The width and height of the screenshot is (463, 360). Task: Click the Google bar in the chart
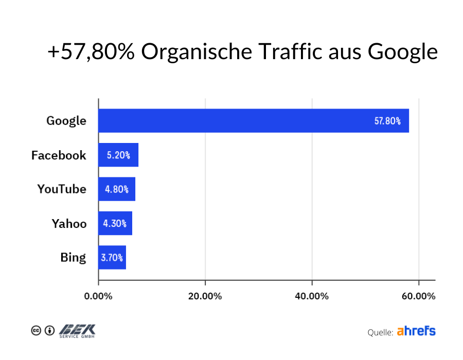pos(253,121)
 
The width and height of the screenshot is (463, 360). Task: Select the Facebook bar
pos(118,155)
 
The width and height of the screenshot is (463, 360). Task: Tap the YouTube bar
pos(117,189)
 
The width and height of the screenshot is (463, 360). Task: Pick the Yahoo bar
pos(115,223)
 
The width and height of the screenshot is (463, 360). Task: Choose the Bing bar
pos(112,257)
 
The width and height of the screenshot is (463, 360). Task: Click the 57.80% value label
pos(387,121)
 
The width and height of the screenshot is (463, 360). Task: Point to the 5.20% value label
pos(118,155)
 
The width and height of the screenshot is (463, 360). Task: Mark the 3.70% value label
pos(112,258)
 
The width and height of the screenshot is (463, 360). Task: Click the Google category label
pos(66,121)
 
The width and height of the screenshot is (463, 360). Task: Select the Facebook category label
pos(59,155)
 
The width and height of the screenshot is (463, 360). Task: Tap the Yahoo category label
pos(69,224)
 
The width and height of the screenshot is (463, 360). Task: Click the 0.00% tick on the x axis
pos(98,297)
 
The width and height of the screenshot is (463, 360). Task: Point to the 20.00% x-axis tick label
pos(205,297)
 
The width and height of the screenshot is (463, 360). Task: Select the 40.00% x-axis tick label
pos(312,297)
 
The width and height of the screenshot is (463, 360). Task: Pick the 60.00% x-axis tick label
pos(418,297)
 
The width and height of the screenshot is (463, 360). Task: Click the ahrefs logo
pos(416,331)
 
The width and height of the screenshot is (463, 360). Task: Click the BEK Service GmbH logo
pos(77,331)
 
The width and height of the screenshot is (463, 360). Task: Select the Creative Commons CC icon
pos(36,331)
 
